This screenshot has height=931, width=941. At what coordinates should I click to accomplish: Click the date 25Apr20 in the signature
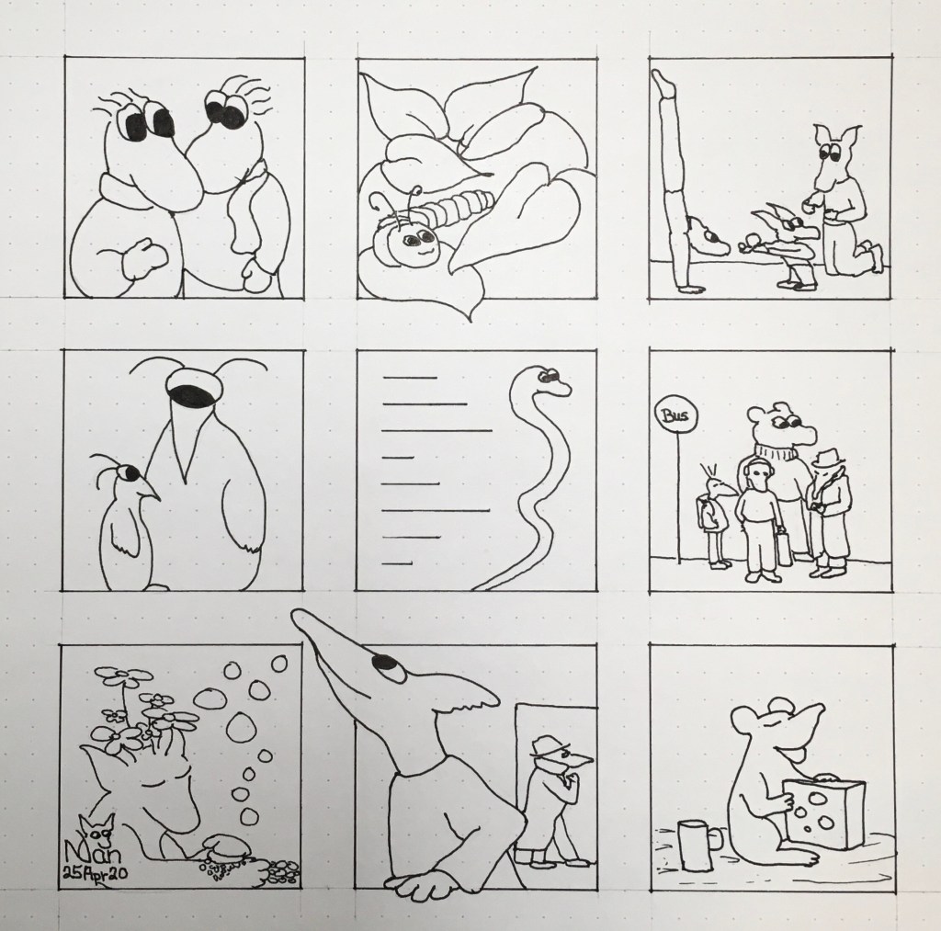(x=95, y=875)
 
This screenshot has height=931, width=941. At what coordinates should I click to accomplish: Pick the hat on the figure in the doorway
(x=545, y=744)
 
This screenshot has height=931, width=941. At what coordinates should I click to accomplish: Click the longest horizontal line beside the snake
(x=436, y=430)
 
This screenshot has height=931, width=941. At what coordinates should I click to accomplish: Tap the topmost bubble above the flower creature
(x=279, y=664)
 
